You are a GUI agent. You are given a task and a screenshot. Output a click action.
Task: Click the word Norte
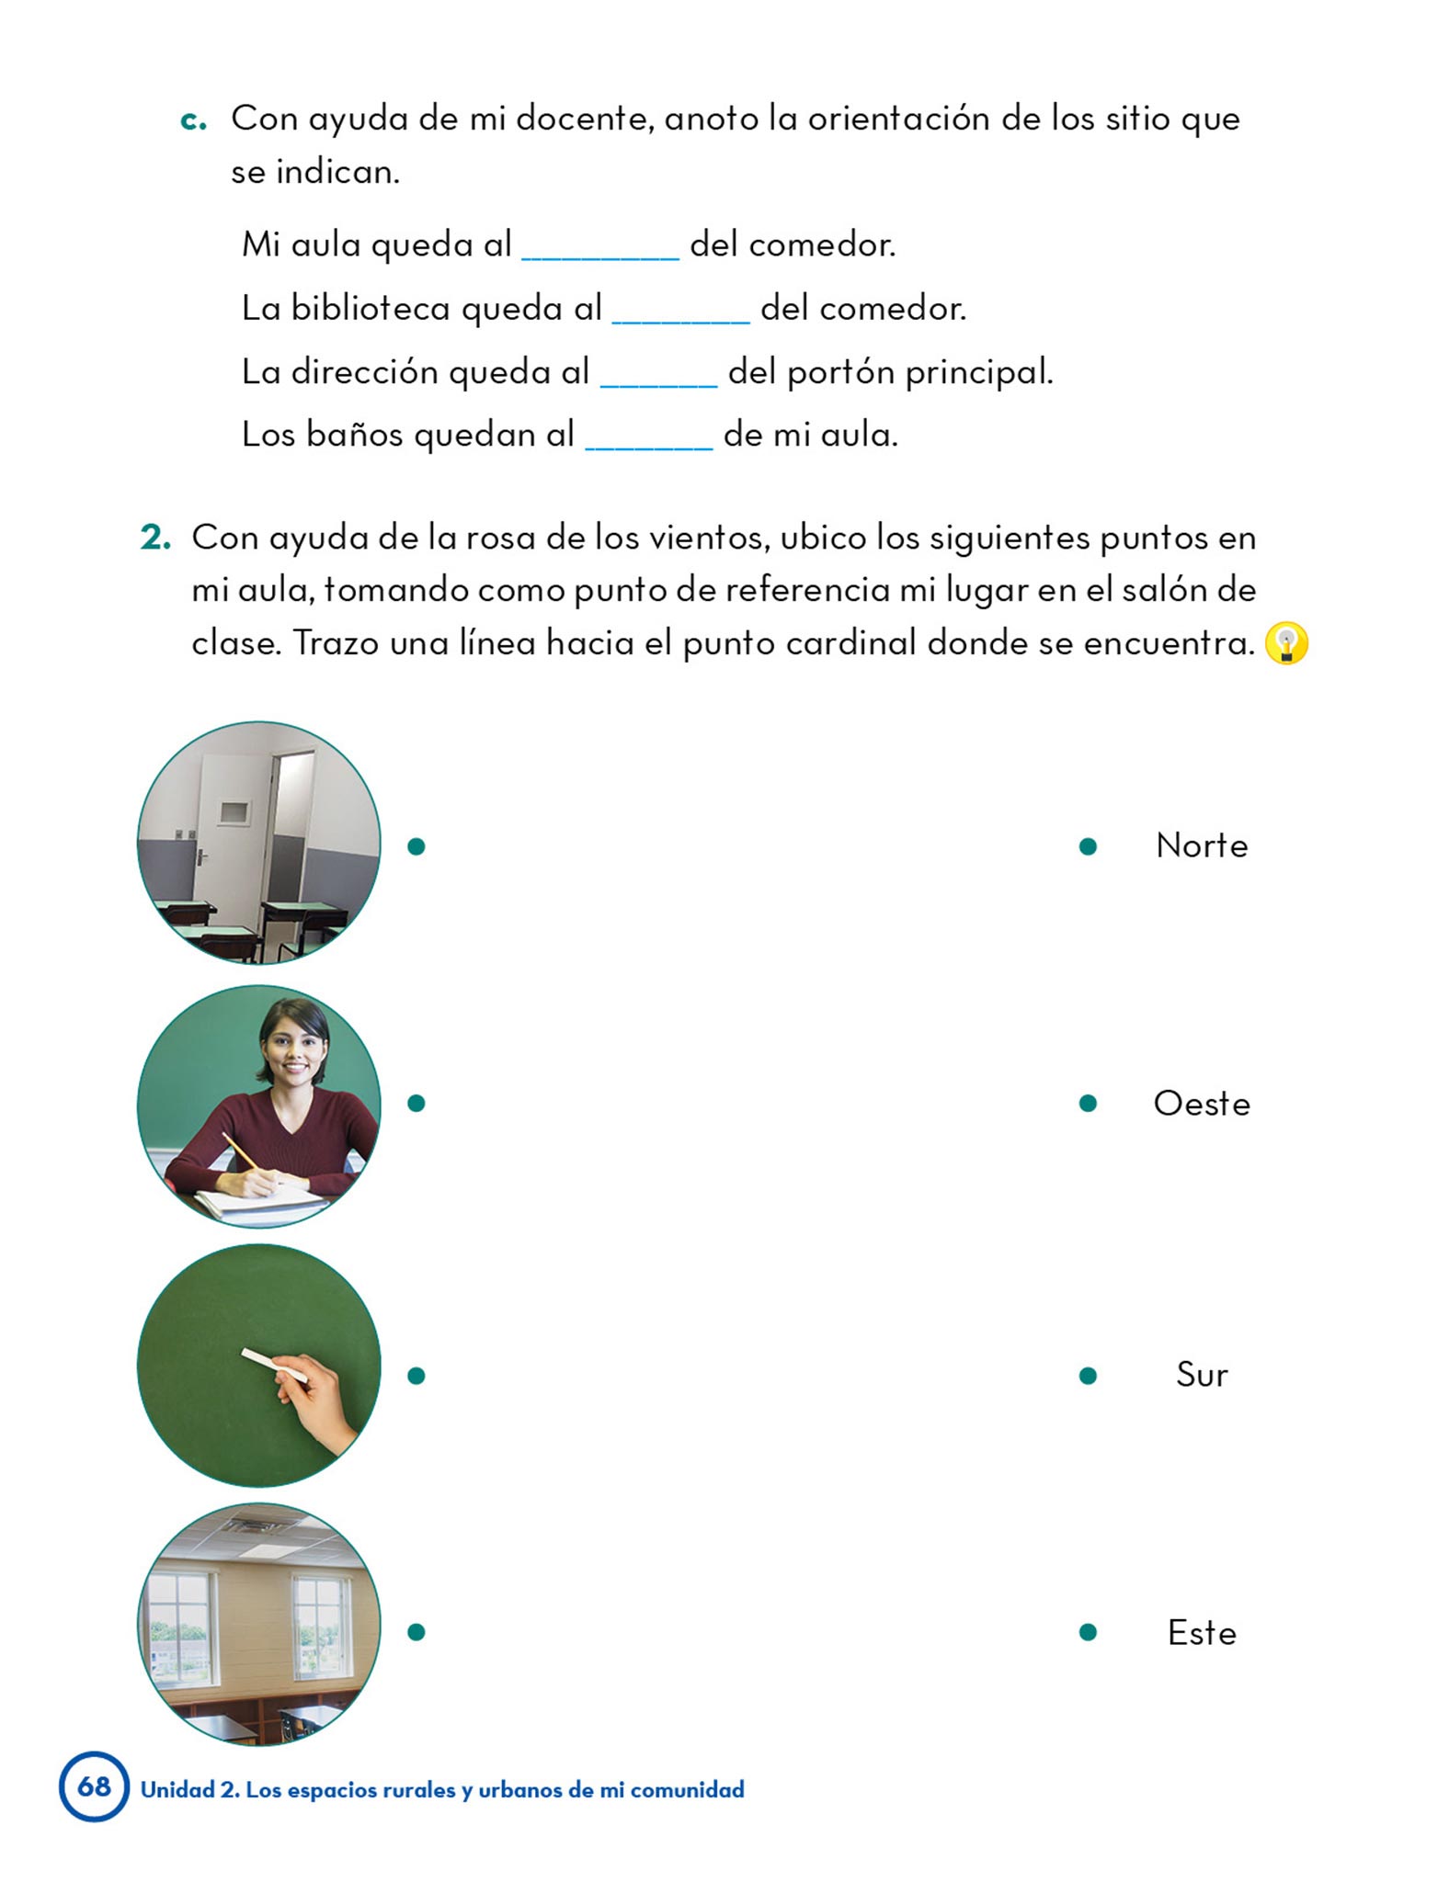pyautogui.click(x=1201, y=845)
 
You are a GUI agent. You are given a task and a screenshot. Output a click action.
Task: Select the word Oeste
pyautogui.click(x=1201, y=1104)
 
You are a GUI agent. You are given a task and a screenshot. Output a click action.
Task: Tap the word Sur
pyautogui.click(x=1201, y=1375)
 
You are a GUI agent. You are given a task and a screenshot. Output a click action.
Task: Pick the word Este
pyautogui.click(x=1201, y=1633)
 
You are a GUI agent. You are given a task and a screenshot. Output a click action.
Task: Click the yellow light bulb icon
pyautogui.click(x=1285, y=642)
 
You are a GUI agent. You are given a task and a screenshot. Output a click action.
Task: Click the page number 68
pyautogui.click(x=94, y=1786)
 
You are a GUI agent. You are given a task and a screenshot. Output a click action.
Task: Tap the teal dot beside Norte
pyautogui.click(x=1088, y=846)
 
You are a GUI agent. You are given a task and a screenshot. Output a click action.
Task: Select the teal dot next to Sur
pyautogui.click(x=1088, y=1376)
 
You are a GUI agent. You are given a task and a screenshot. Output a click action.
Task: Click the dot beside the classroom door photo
pyautogui.click(x=417, y=846)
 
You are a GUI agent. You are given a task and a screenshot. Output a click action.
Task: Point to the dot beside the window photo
pyautogui.click(x=417, y=1633)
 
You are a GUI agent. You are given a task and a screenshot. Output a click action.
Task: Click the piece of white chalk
pyautogui.click(x=274, y=1366)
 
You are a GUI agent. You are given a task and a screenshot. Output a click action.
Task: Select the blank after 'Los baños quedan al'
pyautogui.click(x=648, y=437)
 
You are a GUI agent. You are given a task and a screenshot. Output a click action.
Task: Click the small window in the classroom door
pyautogui.click(x=234, y=812)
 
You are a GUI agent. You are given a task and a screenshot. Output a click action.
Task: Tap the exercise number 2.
pyautogui.click(x=155, y=538)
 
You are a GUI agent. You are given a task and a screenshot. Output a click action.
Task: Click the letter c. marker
pyautogui.click(x=193, y=119)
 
